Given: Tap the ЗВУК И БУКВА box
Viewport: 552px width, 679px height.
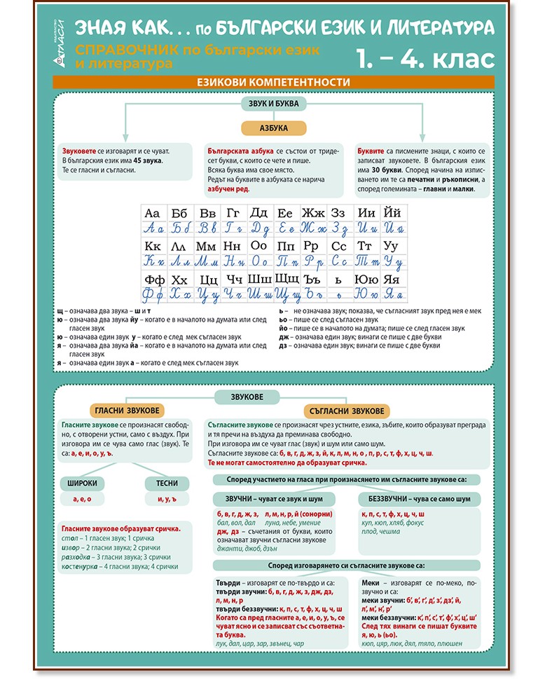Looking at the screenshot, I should coord(273,104).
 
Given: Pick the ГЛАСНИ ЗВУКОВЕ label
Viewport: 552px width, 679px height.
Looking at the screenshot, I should coord(126,411).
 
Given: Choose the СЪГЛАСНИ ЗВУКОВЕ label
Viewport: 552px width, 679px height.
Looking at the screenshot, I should coord(347,411).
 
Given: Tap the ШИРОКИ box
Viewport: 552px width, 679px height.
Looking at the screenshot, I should coord(82,483).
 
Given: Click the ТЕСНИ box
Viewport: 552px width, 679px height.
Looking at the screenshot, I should coord(167,483).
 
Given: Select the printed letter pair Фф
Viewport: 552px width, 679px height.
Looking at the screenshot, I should coord(153,280).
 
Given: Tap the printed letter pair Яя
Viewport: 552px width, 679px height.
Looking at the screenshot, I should coord(392,280).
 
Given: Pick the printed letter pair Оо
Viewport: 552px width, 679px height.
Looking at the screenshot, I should coord(259,247).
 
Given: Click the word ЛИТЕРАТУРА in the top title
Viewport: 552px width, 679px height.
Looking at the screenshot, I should coord(443,28).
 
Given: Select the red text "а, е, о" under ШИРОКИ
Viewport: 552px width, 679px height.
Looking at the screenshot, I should coord(82,499).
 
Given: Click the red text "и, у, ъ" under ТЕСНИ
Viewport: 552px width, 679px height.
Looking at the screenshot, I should coord(167,499).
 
